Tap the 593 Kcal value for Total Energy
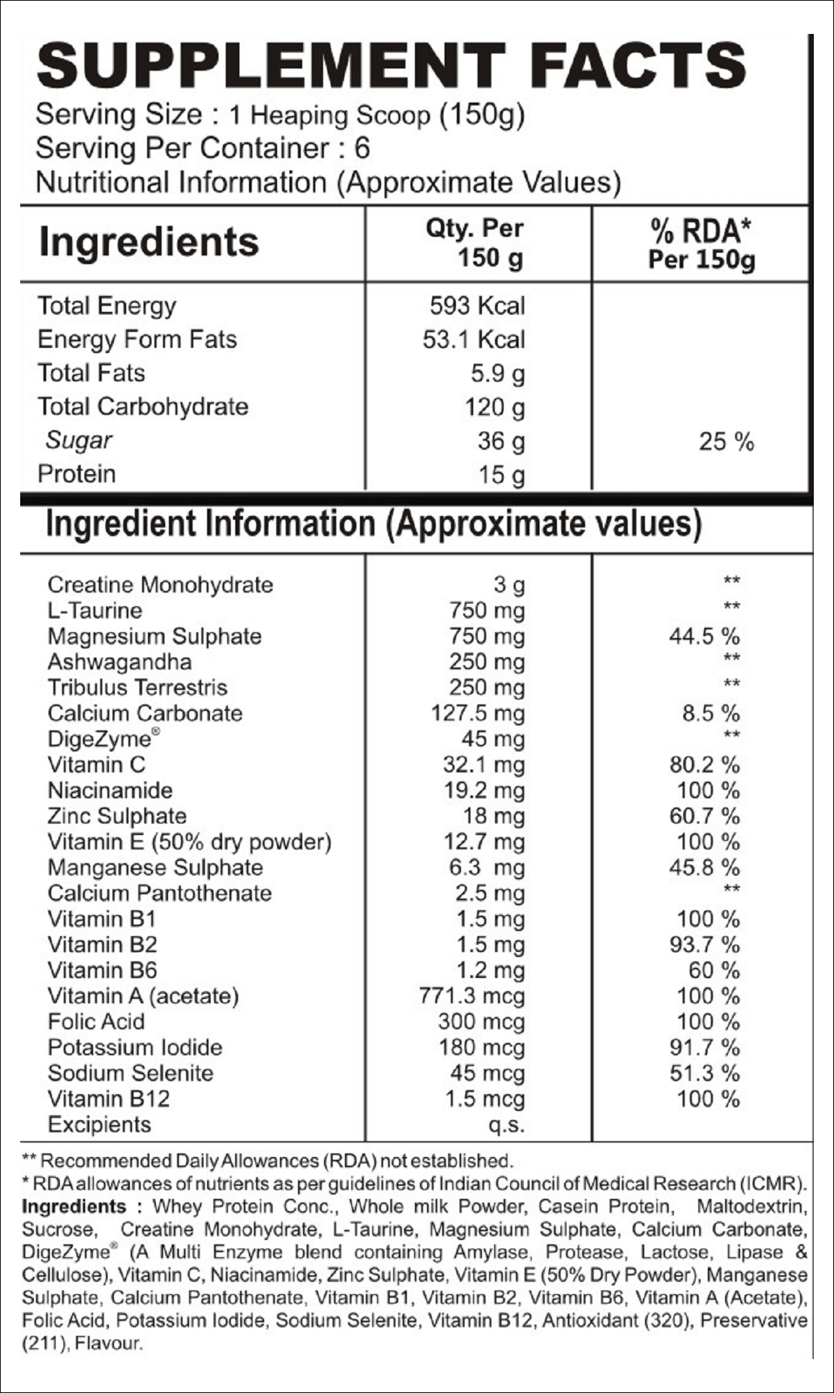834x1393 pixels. click(478, 305)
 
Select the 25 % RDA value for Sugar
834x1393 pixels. click(726, 441)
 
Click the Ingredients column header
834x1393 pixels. click(149, 242)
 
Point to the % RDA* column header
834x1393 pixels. click(701, 244)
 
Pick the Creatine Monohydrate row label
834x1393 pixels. click(160, 584)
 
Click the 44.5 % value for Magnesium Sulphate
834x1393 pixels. click(704, 636)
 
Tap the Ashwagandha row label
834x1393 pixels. click(120, 662)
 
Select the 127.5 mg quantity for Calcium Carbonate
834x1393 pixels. click(478, 713)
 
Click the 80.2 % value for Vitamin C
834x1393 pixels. click(704, 764)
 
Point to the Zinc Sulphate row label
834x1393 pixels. click(117, 816)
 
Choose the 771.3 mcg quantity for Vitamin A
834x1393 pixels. click(472, 996)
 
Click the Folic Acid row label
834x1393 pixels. click(96, 1021)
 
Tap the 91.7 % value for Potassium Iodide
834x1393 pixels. click(704, 1047)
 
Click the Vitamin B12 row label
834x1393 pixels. click(109, 1099)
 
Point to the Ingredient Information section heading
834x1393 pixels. click(374, 524)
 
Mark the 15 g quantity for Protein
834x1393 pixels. click(501, 475)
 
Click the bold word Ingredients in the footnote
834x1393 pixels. click(74, 1207)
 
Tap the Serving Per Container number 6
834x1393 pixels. click(362, 148)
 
